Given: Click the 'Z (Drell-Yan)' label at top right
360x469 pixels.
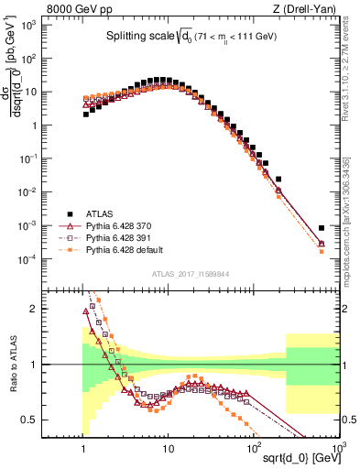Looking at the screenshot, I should pos(304,9).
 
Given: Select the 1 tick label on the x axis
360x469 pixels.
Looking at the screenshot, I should pos(84,447).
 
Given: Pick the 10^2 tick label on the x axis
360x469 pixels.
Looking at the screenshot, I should pos(253,447).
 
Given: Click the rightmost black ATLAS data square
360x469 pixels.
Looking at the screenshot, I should pos(322,228).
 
